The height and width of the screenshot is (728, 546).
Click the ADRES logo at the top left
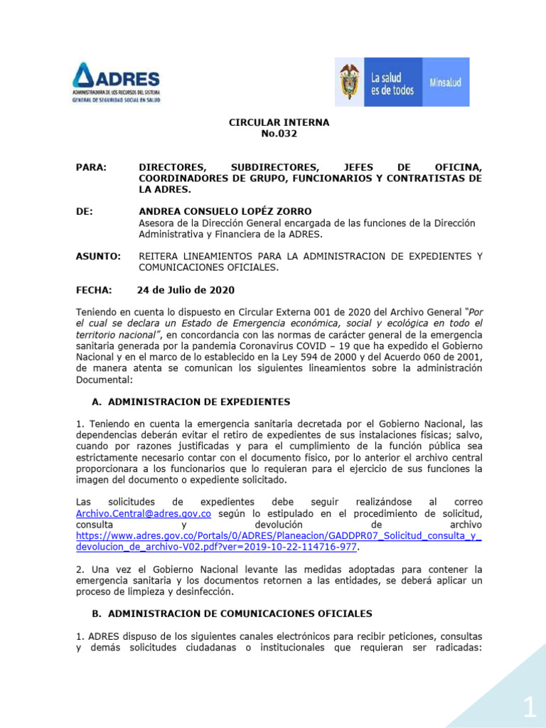click(x=117, y=82)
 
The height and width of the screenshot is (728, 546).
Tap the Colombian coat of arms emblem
click(x=349, y=82)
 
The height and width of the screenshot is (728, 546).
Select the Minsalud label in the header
click(x=445, y=82)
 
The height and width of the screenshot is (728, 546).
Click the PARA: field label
click(x=90, y=166)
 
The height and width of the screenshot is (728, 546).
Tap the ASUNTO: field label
click(x=98, y=256)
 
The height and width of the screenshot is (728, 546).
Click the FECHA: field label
click(x=94, y=290)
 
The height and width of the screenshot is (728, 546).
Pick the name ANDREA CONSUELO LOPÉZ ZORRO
click(x=215, y=211)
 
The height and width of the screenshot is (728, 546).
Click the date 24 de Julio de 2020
click(x=186, y=290)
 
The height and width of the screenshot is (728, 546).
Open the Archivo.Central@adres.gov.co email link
click(x=144, y=513)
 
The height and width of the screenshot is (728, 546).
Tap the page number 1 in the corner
click(x=530, y=707)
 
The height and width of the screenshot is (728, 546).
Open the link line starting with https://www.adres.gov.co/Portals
click(x=278, y=536)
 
